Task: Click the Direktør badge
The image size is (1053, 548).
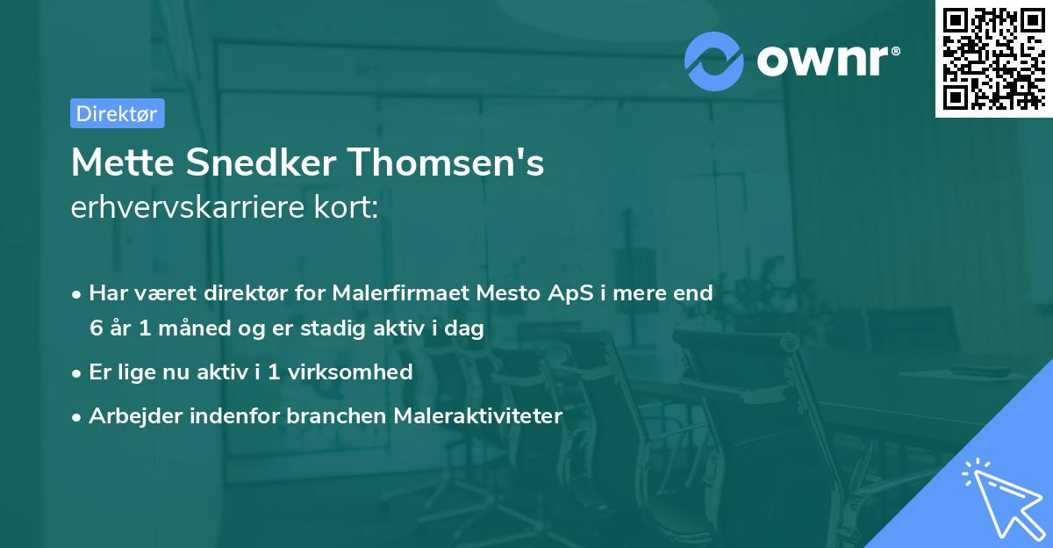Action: coord(117,113)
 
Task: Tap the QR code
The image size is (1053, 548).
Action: coord(993,58)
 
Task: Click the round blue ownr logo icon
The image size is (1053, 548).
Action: coord(714,61)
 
